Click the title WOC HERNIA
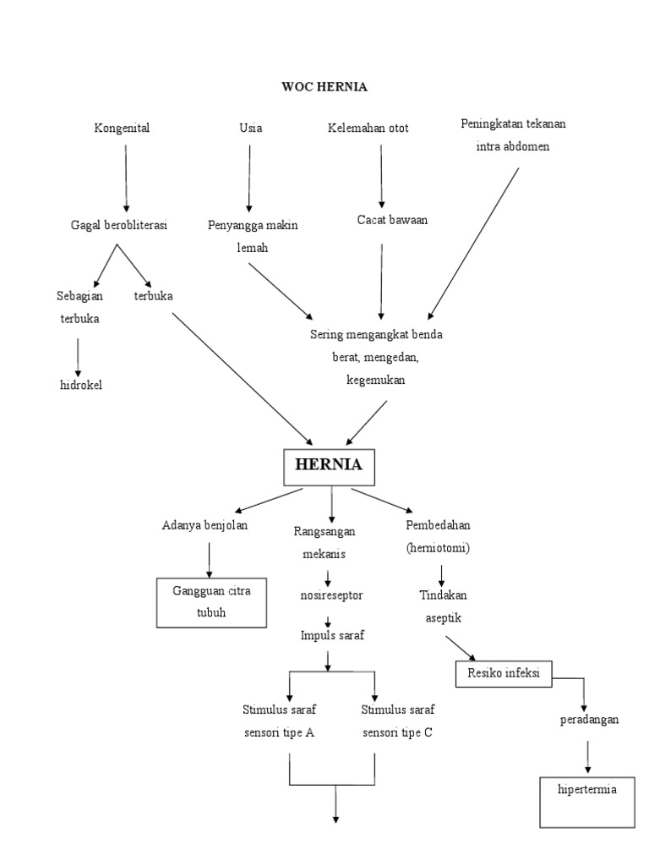coord(324,86)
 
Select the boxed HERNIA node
coord(328,464)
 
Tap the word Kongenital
coord(127,129)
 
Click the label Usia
coord(250,129)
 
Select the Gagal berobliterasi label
coord(118,225)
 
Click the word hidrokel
coord(79,386)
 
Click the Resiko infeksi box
coord(504,674)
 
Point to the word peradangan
coord(589,720)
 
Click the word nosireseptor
coord(330,595)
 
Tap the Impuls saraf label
coord(331,636)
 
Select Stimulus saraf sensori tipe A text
coord(279,721)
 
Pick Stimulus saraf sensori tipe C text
coord(397,721)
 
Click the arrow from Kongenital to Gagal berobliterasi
coord(127,178)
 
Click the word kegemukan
coord(375,380)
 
